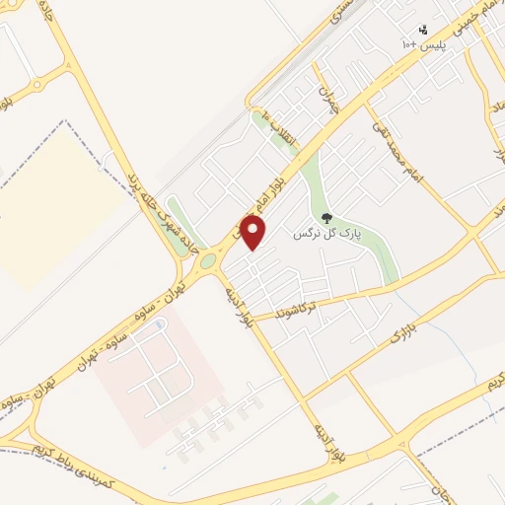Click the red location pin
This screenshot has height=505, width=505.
(253, 232)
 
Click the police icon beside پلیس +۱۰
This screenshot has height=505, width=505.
(423, 30)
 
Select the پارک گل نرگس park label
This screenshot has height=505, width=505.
(328, 236)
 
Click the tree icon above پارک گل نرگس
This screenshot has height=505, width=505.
(327, 218)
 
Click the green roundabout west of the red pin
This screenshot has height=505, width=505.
(208, 262)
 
